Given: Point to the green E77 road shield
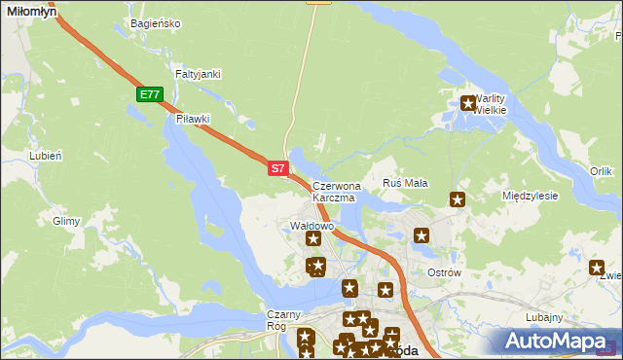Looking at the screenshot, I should [x=149, y=94].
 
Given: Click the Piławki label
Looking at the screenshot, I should [x=194, y=119].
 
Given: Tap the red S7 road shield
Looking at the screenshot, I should [x=277, y=168].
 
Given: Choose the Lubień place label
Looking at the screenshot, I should [x=46, y=156].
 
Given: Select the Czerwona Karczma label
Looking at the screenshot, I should [x=337, y=191].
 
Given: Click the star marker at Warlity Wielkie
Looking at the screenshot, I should [x=468, y=102].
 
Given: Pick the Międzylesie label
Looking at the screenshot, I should [x=530, y=196].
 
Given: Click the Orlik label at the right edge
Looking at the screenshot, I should [x=601, y=171].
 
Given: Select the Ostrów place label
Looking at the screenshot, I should [x=444, y=272].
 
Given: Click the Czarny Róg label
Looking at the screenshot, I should [x=285, y=320].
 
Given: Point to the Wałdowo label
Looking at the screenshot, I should [x=312, y=226].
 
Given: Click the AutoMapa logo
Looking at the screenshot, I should [x=555, y=341].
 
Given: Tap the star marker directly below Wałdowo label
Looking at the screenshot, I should [x=313, y=238].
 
